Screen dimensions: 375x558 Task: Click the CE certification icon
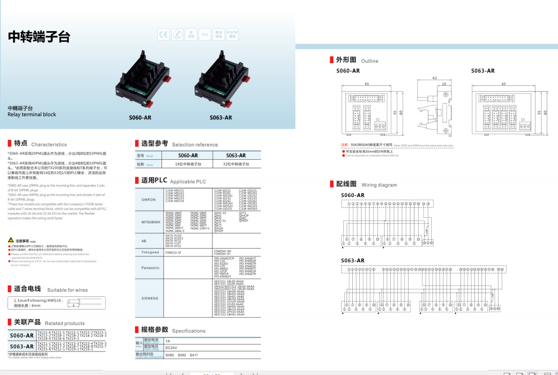click(163, 34)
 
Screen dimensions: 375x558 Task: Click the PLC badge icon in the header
click(205, 34)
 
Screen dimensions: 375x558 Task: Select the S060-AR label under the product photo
click(140, 118)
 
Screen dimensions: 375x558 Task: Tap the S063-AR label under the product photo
click(221, 118)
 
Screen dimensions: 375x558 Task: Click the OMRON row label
click(148, 200)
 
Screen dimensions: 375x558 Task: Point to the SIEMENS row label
click(150, 298)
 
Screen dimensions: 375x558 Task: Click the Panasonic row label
click(150, 268)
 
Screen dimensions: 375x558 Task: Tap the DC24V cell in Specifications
click(171, 348)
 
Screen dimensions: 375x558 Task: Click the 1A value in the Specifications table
click(168, 341)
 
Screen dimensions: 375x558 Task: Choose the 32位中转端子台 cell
click(236, 164)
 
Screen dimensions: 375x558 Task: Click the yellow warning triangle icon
click(11, 240)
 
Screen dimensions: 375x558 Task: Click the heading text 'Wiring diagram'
click(379, 185)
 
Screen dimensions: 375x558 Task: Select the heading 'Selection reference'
click(195, 145)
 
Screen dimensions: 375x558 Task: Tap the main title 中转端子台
click(39, 37)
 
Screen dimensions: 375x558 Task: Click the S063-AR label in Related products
click(22, 347)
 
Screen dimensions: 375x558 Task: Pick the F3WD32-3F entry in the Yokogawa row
click(173, 253)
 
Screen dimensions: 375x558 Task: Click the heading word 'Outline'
click(369, 61)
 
